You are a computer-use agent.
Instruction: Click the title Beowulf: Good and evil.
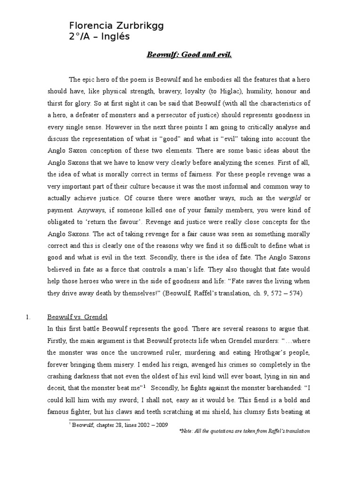189,55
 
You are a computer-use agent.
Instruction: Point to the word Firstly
59,340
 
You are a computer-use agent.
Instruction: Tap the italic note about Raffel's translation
245,432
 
